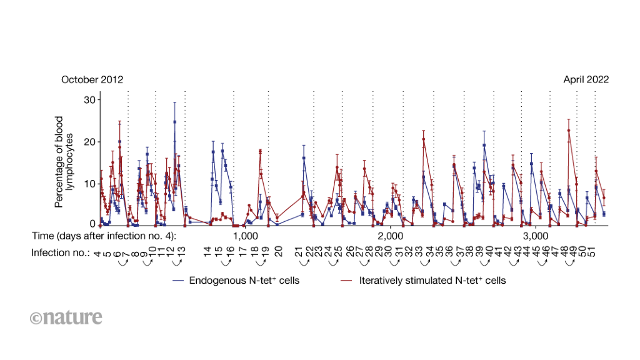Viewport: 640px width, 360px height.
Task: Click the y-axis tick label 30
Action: point(90,99)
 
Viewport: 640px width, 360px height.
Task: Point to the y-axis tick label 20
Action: point(90,141)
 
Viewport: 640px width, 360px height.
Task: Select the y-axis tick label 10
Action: point(90,182)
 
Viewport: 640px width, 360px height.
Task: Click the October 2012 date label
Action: point(92,79)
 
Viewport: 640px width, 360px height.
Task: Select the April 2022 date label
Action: point(586,79)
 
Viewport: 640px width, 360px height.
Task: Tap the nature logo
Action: point(66,317)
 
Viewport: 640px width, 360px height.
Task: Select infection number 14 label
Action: point(207,252)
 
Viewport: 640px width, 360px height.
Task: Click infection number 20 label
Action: point(278,252)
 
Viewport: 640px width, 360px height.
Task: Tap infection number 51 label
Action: point(592,252)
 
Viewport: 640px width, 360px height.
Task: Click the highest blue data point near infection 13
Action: point(175,121)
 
